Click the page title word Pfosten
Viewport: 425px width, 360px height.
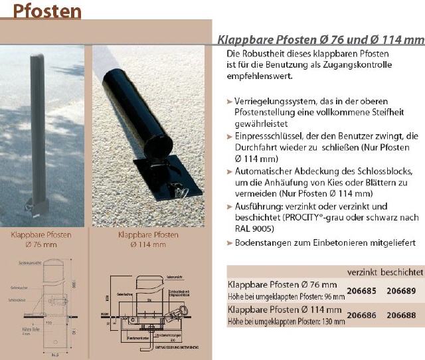47,13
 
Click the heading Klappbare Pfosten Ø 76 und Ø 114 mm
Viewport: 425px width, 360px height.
321,39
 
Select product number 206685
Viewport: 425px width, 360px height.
362,290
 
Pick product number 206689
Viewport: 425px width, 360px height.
402,290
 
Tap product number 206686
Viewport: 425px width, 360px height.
362,316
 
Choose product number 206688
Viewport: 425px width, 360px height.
402,316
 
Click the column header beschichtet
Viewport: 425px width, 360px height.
402,272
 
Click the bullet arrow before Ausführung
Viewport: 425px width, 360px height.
230,207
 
